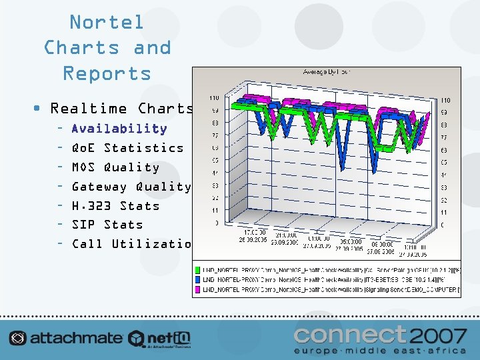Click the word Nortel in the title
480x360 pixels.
[x=107, y=22]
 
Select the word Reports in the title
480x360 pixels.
[x=107, y=73]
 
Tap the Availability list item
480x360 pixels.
[x=119, y=129]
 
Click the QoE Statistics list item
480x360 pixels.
[x=127, y=148]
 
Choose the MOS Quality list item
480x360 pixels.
[x=115, y=167]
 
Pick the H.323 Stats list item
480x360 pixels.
[x=115, y=206]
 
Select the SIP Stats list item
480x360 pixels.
[x=107, y=225]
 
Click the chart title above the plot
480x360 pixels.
[x=327, y=71]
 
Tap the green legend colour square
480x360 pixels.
[x=198, y=270]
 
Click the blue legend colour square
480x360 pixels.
[x=198, y=280]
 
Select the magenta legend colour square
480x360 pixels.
[x=198, y=290]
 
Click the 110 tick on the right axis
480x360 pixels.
[x=445, y=100]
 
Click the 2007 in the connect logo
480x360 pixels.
[x=438, y=335]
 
